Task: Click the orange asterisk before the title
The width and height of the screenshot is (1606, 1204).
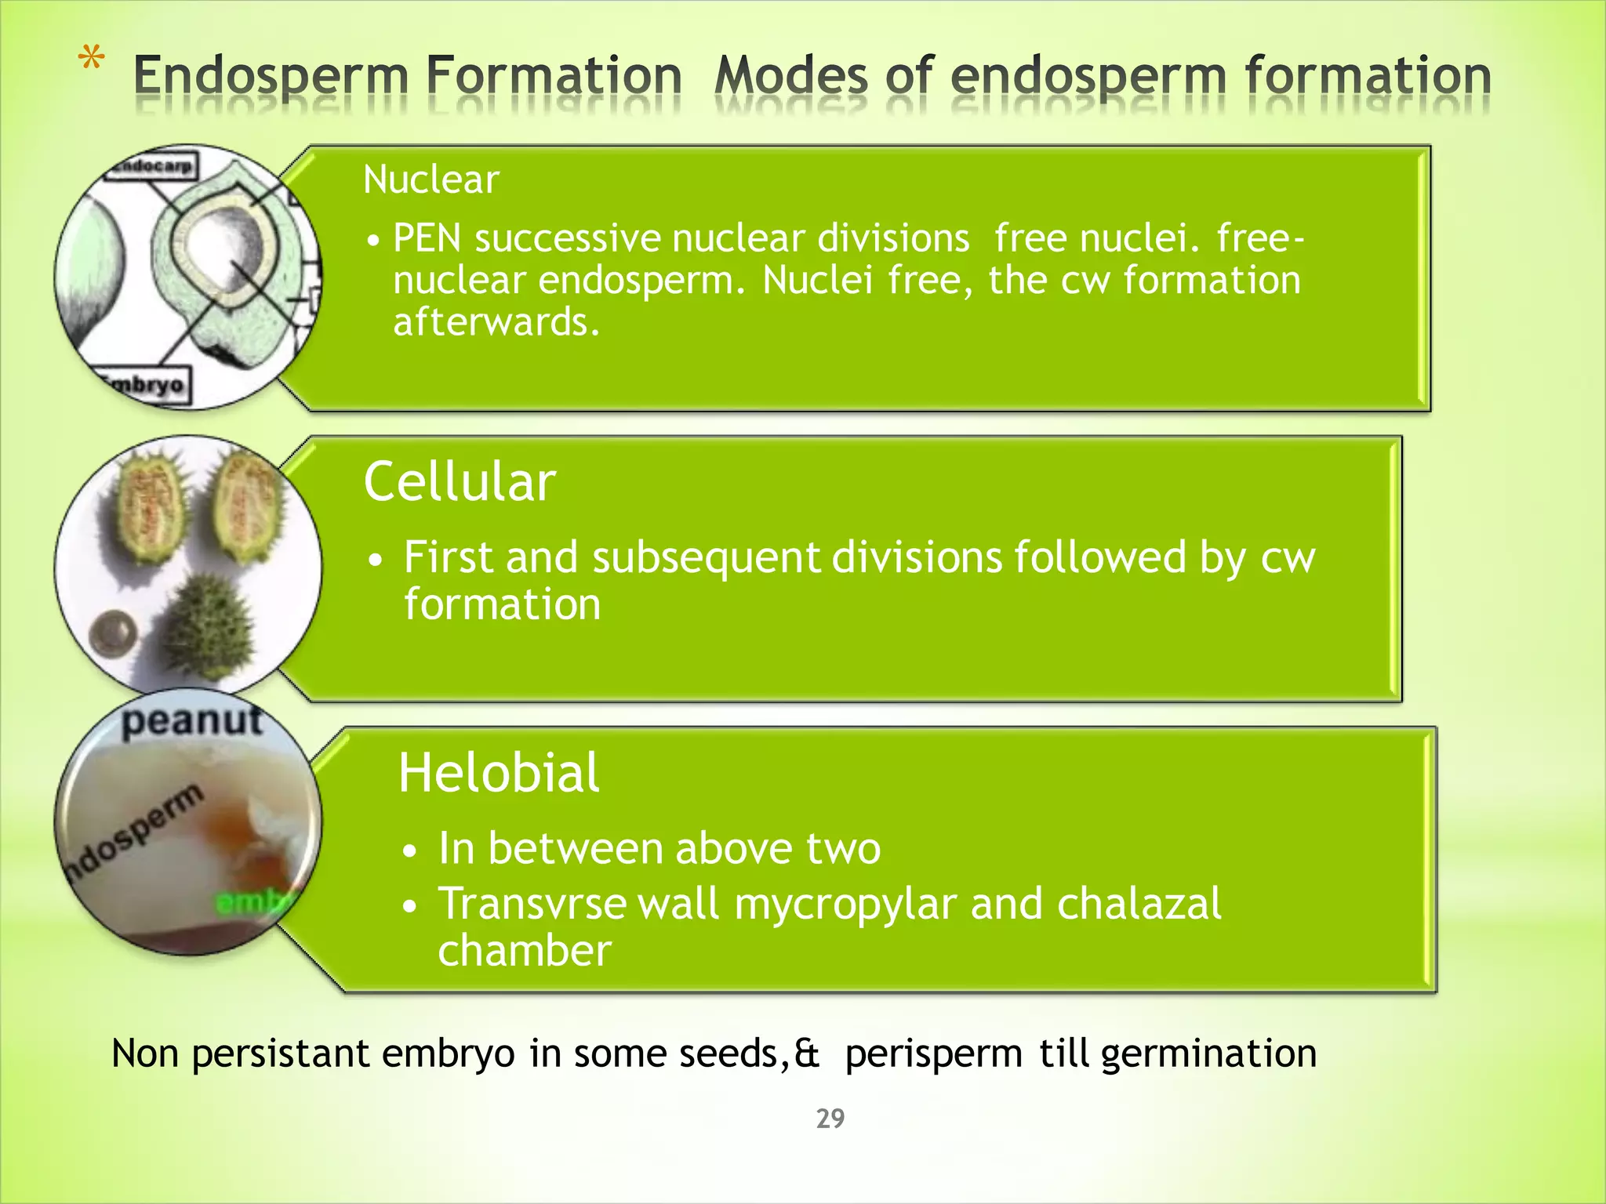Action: [x=92, y=60]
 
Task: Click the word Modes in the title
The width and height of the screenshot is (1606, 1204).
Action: [x=790, y=77]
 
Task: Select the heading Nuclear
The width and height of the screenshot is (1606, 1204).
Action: [x=431, y=180]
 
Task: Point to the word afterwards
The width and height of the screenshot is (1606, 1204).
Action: [x=496, y=322]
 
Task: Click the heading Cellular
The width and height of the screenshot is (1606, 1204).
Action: [x=460, y=481]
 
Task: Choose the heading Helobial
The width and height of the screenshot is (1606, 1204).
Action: [x=499, y=773]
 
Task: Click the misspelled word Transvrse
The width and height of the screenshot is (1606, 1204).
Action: [x=532, y=904]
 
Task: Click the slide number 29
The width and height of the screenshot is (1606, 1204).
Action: [x=830, y=1119]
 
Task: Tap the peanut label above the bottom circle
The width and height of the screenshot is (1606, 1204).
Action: [x=191, y=720]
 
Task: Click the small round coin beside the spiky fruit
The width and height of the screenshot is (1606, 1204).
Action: [x=114, y=633]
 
